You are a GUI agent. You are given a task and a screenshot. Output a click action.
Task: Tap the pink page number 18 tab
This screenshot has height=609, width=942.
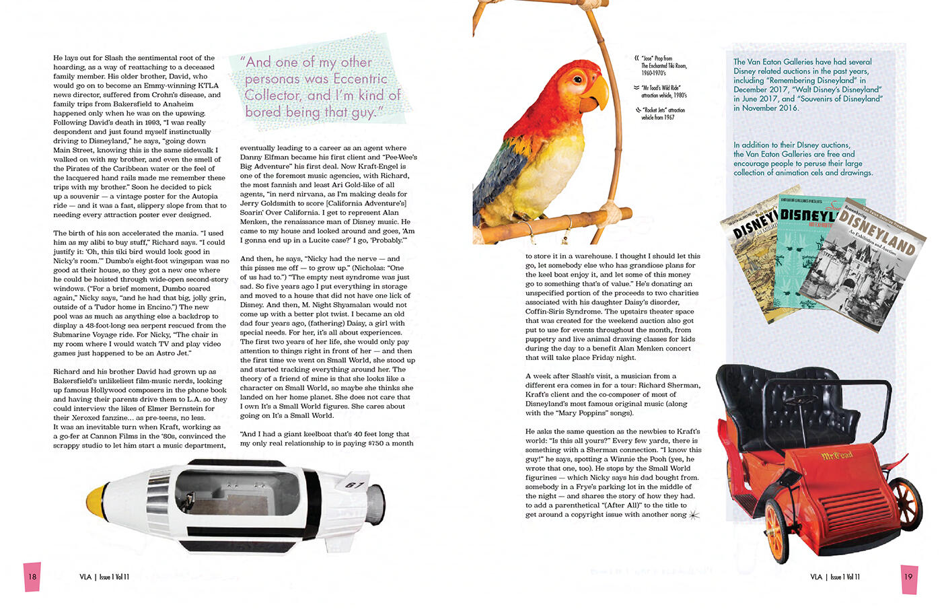tap(32, 577)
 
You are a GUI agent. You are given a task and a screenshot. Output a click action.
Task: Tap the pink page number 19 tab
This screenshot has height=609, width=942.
tap(908, 577)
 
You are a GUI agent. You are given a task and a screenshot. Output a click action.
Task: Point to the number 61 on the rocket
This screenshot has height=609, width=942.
tap(355, 485)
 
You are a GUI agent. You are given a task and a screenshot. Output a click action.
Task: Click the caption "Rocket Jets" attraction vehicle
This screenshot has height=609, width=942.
tap(663, 113)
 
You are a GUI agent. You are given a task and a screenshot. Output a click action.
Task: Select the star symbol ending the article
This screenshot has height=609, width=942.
tap(694, 515)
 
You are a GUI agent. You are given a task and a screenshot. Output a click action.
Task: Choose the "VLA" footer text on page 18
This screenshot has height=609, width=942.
tap(85, 577)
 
